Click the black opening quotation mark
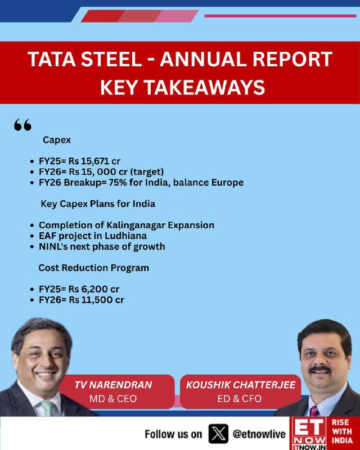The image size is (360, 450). click(22, 125)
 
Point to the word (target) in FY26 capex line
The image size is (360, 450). click(147, 172)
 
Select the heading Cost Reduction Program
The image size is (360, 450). click(93, 268)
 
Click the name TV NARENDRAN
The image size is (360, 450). click(113, 385)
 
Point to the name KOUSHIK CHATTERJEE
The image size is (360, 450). click(241, 385)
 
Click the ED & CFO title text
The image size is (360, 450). click(240, 399)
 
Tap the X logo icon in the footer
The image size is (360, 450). click(218, 434)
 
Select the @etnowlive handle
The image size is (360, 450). click(259, 434)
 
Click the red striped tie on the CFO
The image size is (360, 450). click(314, 411)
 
